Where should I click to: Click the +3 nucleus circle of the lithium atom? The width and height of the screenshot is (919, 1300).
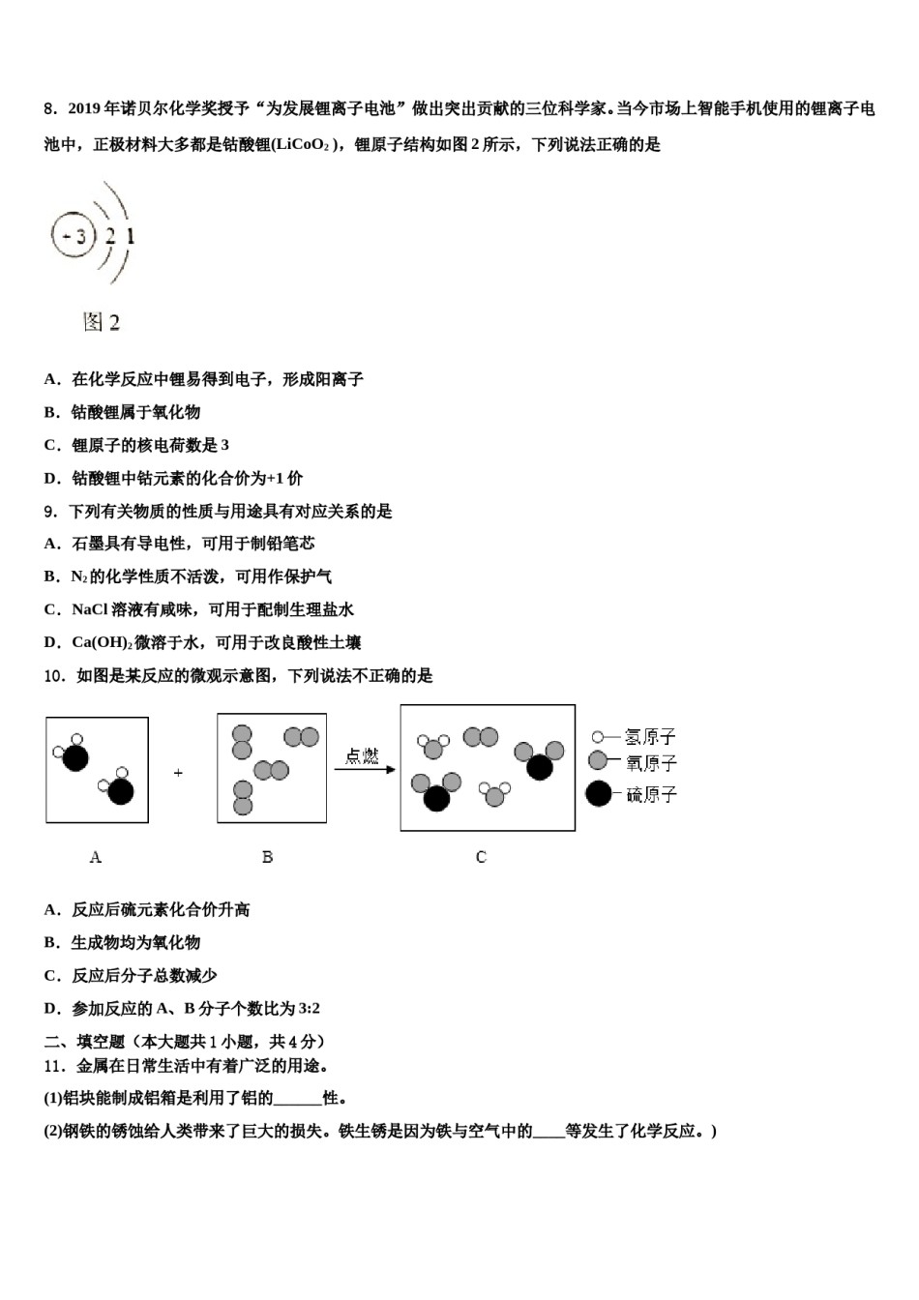click(74, 236)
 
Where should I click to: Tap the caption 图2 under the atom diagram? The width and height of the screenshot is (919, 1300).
click(101, 322)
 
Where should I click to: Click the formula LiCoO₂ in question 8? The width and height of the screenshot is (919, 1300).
click(302, 145)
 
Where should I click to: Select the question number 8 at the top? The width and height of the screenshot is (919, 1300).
click(50, 108)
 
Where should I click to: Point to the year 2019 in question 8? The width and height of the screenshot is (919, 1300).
click(84, 108)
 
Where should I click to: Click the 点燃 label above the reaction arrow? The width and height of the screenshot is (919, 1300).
click(362, 755)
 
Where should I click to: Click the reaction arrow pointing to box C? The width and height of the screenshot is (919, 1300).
click(365, 770)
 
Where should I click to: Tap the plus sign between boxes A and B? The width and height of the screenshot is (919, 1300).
click(178, 773)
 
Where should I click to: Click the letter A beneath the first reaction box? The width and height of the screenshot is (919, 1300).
click(95, 857)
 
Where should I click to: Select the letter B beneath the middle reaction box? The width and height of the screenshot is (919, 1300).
click(267, 857)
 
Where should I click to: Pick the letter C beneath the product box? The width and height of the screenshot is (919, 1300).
click(481, 857)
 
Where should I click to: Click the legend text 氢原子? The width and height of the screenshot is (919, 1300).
click(650, 737)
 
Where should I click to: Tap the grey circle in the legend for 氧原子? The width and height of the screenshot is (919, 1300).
click(598, 761)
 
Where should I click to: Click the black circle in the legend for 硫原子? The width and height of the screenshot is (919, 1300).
click(599, 794)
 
